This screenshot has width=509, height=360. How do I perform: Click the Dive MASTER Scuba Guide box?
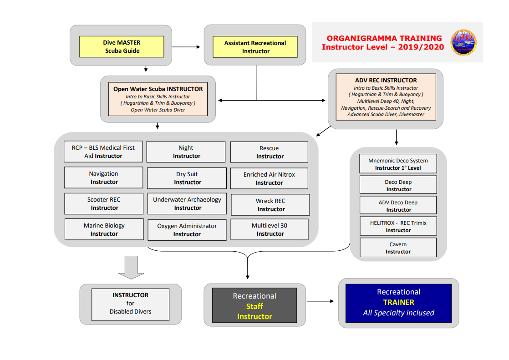(x=122, y=47)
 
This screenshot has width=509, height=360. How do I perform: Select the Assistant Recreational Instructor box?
(x=255, y=47)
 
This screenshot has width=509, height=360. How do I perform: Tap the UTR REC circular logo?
(x=463, y=42)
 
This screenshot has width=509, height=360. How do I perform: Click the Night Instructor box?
(x=186, y=152)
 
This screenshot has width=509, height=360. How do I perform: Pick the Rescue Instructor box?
(x=270, y=152)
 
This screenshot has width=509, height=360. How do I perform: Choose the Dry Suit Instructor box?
(x=187, y=178)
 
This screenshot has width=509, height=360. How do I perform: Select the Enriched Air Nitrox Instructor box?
(x=270, y=178)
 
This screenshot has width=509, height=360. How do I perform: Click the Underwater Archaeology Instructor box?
(x=187, y=203)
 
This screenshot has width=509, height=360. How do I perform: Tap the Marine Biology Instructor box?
(x=104, y=229)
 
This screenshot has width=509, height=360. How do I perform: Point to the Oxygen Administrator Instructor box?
(x=187, y=230)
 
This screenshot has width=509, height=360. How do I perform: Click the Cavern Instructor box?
(x=398, y=248)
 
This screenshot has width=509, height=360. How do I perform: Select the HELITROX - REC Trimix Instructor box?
(x=398, y=226)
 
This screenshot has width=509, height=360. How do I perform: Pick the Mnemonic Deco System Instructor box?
(x=398, y=163)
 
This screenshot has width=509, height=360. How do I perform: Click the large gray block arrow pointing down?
(x=131, y=267)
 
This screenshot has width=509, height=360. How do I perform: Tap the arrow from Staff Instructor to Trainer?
(x=321, y=301)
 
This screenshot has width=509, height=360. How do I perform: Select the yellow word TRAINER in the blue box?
(x=399, y=302)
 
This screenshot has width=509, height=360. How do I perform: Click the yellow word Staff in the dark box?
(x=254, y=306)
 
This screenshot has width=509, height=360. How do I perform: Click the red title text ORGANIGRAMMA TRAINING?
(x=384, y=38)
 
